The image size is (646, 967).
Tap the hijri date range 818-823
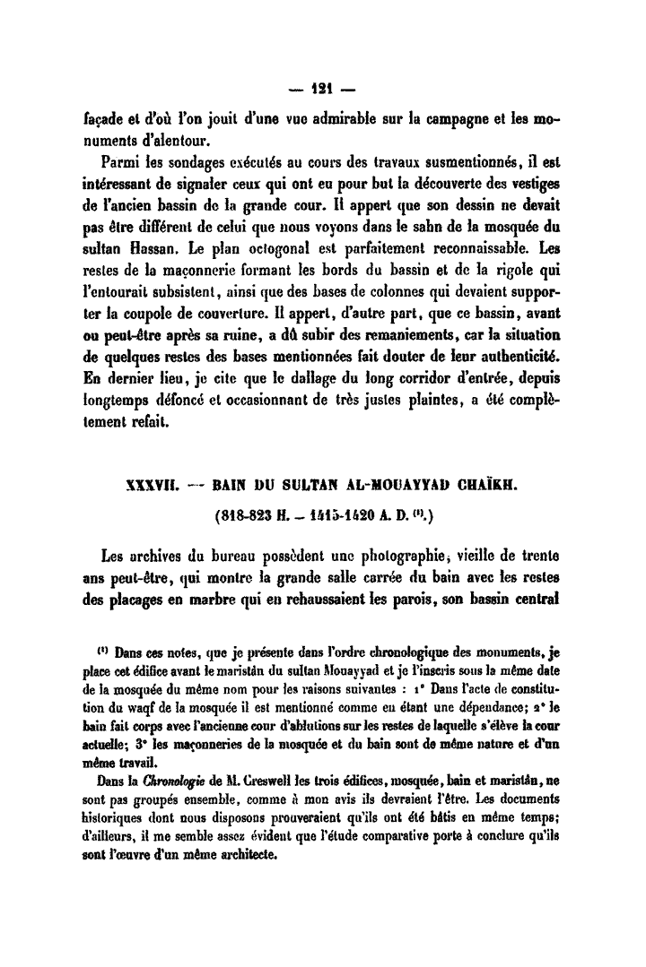click(x=245, y=519)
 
